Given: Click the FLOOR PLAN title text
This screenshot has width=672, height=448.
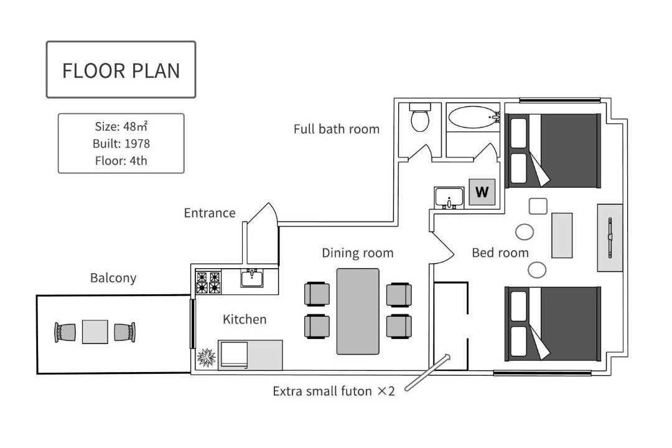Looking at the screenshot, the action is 121,71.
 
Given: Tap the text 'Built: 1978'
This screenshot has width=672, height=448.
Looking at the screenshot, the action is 121,144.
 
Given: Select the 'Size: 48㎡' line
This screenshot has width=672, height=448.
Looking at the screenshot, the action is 121,126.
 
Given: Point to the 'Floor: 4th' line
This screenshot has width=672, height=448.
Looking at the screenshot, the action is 121,161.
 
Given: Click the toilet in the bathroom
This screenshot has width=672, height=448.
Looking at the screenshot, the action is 420,117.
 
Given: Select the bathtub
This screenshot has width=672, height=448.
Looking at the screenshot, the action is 474,117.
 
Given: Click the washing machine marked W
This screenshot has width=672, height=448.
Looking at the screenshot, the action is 482,192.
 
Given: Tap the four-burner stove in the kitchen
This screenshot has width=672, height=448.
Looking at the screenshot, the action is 208,282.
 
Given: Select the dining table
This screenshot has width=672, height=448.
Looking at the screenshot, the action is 358,312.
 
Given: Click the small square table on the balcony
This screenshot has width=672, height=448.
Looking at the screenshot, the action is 95,332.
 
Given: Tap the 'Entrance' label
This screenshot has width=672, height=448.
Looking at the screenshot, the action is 210,213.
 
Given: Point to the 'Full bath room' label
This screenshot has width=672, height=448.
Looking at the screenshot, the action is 337,129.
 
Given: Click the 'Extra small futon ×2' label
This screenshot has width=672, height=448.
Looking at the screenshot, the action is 334,391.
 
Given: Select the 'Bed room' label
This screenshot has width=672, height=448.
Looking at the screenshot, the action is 500,253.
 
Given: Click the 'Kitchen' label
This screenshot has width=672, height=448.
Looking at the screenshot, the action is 245,319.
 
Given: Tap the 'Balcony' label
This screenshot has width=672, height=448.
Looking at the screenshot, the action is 113,278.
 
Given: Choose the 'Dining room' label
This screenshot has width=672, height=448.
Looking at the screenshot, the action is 358,253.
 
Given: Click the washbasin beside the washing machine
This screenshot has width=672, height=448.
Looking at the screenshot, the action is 449,198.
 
